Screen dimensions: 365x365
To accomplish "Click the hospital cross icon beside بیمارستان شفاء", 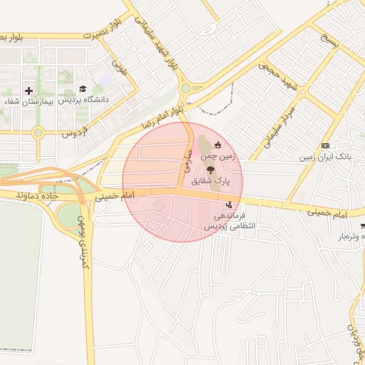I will (29, 91).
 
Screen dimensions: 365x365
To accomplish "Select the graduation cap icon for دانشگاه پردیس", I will (83, 90).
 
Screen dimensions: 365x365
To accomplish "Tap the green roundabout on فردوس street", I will (37, 132).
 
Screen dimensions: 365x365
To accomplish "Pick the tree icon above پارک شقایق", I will (210, 170).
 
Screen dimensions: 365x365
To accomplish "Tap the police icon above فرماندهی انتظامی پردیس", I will (227, 205).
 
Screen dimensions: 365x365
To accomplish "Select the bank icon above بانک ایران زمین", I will (326, 145).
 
